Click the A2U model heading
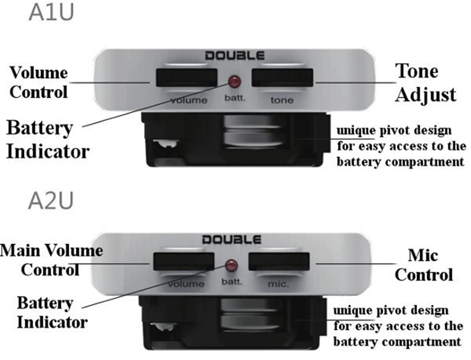coord(51,200)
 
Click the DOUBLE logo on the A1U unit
coord(235,56)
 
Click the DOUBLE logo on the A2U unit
coord(231,240)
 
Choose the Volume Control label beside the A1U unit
coord(39,82)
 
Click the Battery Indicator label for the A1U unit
coord(47,139)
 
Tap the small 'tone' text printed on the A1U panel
coord(281,100)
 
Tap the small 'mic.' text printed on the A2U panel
coord(278,284)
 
